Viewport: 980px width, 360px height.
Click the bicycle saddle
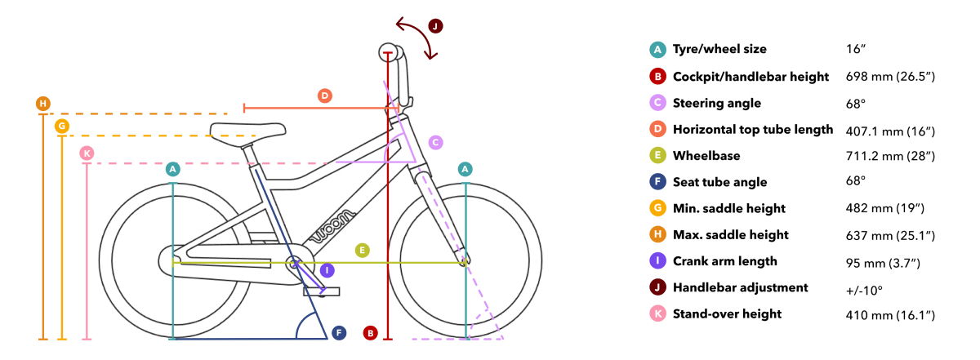click(x=247, y=131)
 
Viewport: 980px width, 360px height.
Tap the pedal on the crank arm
click(x=322, y=291)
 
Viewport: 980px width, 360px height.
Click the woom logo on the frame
click(x=332, y=225)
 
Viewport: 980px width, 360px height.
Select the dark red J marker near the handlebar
click(x=435, y=26)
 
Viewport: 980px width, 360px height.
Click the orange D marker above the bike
click(x=325, y=96)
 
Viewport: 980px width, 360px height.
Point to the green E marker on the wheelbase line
click(x=363, y=251)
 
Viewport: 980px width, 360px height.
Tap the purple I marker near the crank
click(x=327, y=270)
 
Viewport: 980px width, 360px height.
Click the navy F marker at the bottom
click(x=339, y=333)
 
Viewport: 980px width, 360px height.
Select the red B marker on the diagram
click(x=370, y=333)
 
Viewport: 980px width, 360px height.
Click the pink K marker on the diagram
click(x=87, y=153)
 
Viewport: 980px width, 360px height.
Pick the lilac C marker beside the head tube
click(x=435, y=143)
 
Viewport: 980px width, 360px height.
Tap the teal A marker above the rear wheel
click(x=173, y=169)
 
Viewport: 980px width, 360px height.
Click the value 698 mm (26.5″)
click(x=890, y=77)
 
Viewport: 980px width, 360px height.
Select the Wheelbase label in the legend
click(x=706, y=156)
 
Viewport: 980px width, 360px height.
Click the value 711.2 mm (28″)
click(x=890, y=156)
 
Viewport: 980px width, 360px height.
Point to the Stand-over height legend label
click(x=727, y=314)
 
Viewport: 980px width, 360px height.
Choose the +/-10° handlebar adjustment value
click(x=864, y=291)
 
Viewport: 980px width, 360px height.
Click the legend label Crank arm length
click(x=725, y=261)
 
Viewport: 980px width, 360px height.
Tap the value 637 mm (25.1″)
click(x=890, y=236)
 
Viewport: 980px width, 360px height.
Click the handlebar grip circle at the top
click(x=388, y=52)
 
